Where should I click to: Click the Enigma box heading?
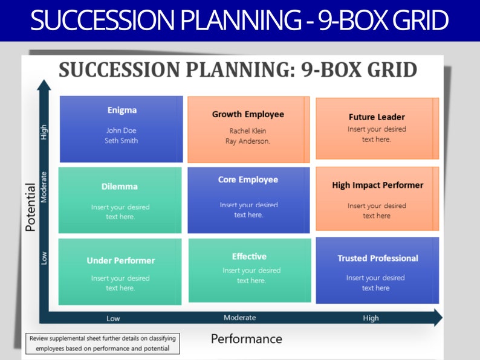coord(122,111)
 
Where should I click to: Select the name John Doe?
coord(122,130)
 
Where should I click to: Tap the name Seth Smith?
coord(122,141)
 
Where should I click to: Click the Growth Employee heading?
coord(248,114)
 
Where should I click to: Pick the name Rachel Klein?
coord(248,131)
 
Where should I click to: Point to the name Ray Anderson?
coord(248,141)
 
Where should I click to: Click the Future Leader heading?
coord(377,117)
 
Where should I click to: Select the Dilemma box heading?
coord(120,187)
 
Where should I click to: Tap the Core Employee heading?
coord(248,180)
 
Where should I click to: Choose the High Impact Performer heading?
coord(377,185)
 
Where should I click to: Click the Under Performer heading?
coord(121,261)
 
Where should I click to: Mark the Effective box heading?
coord(249,257)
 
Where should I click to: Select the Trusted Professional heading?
coord(377,259)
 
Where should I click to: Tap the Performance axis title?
coord(246,339)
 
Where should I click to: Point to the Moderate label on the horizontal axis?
coord(239,318)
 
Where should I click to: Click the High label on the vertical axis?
coord(44,132)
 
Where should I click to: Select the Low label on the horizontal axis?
coord(113,318)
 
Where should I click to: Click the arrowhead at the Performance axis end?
coord(438,318)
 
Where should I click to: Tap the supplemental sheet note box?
coord(102,344)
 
